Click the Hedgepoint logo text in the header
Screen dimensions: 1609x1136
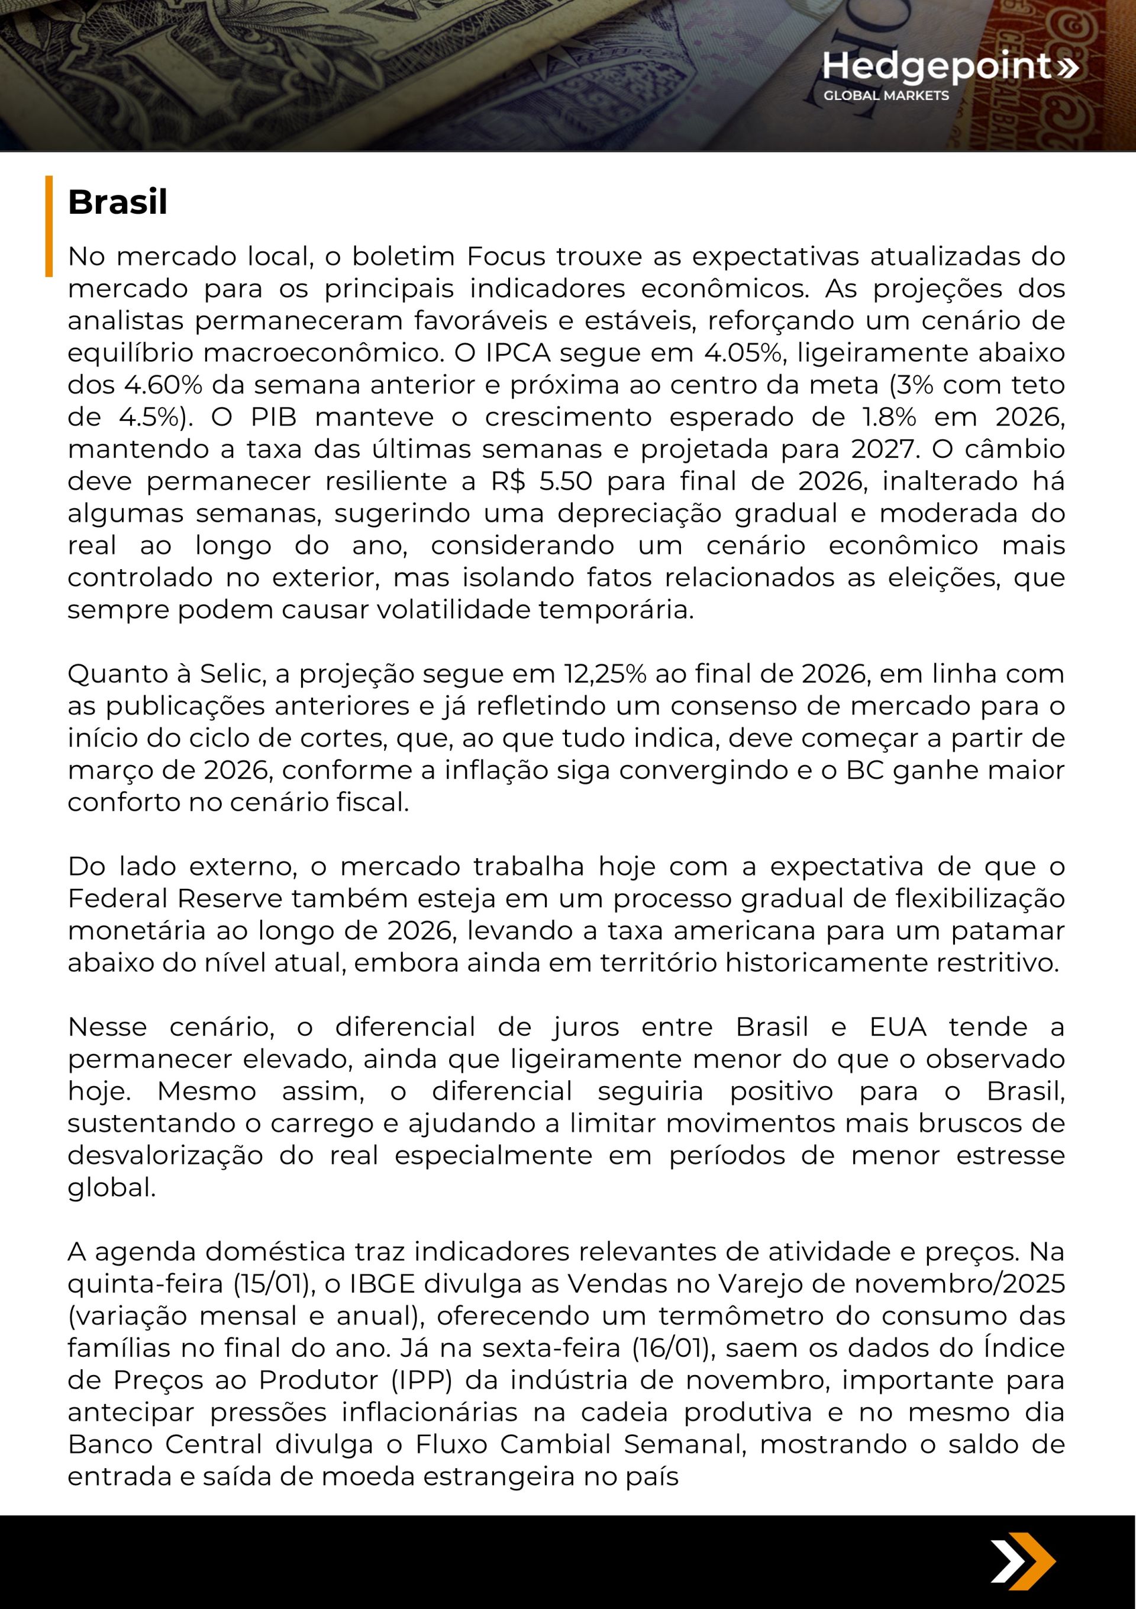click(937, 66)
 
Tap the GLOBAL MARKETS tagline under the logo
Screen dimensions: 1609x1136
click(885, 95)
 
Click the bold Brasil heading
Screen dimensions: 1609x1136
click(118, 203)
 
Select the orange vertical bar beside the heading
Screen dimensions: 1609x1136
click(49, 226)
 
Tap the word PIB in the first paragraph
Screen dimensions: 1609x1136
click(274, 417)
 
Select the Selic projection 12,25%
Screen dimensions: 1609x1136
click(605, 673)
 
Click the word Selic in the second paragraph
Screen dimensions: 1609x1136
click(232, 673)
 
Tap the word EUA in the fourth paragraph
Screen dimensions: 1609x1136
click(898, 1027)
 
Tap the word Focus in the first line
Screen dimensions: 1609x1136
click(506, 256)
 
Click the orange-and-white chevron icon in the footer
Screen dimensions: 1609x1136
click(1023, 1562)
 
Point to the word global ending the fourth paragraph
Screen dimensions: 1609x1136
click(111, 1188)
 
